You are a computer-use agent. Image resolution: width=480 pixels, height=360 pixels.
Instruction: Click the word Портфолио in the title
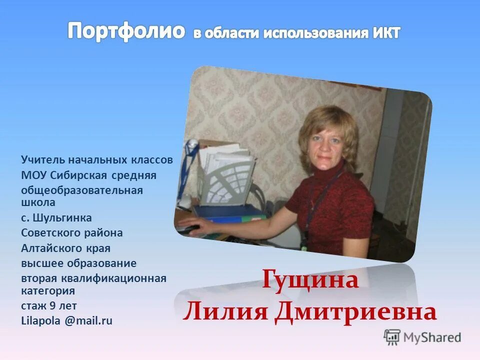click(x=126, y=31)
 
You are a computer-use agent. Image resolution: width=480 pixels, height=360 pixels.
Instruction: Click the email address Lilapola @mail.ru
click(x=66, y=321)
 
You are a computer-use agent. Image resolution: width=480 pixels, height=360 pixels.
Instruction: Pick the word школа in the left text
click(x=38, y=202)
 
